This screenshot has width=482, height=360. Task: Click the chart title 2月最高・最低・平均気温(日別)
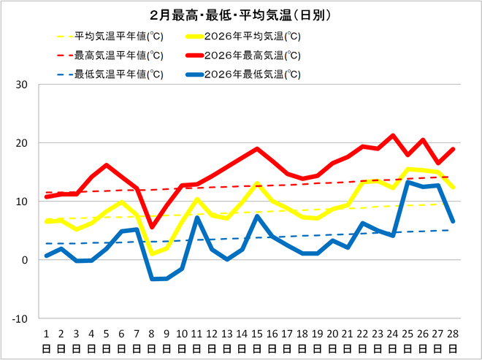(240, 15)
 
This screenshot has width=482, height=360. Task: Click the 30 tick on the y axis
(21, 85)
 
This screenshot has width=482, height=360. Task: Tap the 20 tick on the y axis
(21, 143)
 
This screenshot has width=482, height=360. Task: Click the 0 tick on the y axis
(24, 260)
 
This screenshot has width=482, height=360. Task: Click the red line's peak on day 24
(393, 135)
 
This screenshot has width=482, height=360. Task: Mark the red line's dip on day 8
(152, 227)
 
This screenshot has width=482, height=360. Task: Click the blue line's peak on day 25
(408, 182)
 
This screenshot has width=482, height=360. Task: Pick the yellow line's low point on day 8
(152, 253)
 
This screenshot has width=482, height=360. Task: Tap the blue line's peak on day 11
(197, 218)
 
